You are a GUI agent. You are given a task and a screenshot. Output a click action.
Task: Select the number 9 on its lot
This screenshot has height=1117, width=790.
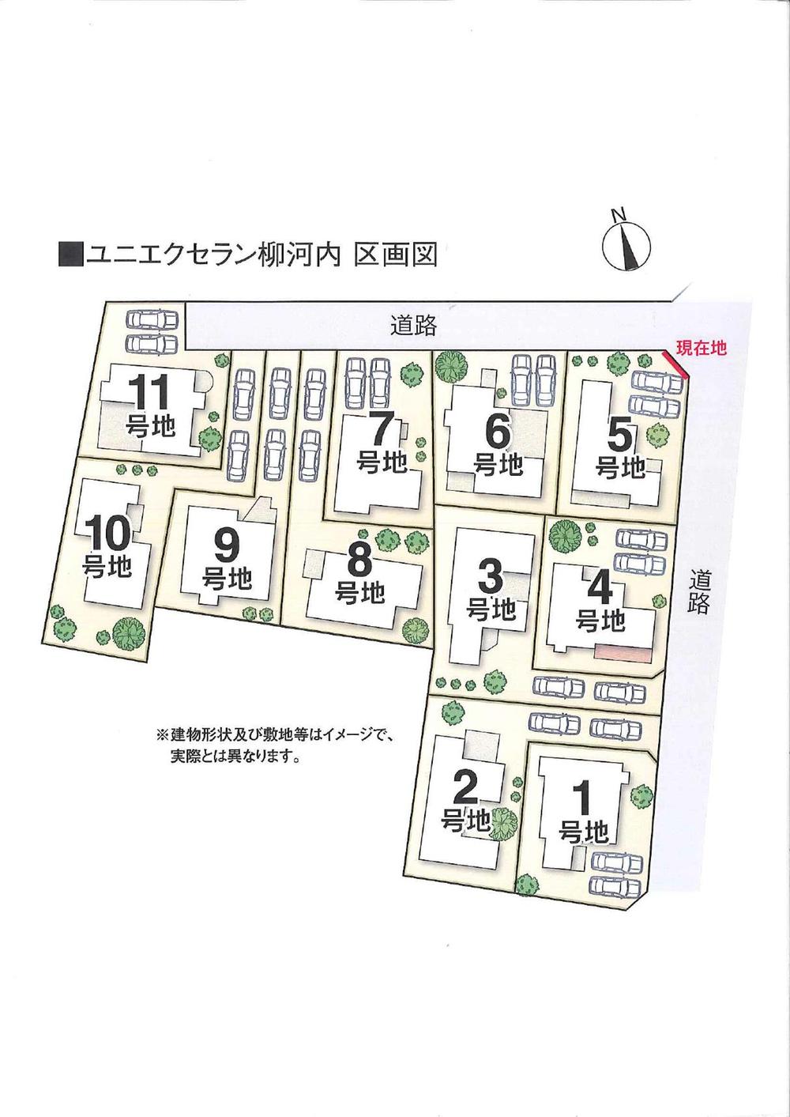click(226, 546)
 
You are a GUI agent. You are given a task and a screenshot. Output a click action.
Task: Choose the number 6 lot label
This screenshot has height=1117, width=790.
click(498, 432)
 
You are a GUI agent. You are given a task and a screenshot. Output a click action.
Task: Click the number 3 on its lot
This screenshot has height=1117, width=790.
click(491, 579)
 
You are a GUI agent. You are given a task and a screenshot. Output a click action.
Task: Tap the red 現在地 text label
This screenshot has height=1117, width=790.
click(701, 347)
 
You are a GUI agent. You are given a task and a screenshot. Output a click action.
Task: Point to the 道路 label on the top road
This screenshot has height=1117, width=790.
click(413, 326)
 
